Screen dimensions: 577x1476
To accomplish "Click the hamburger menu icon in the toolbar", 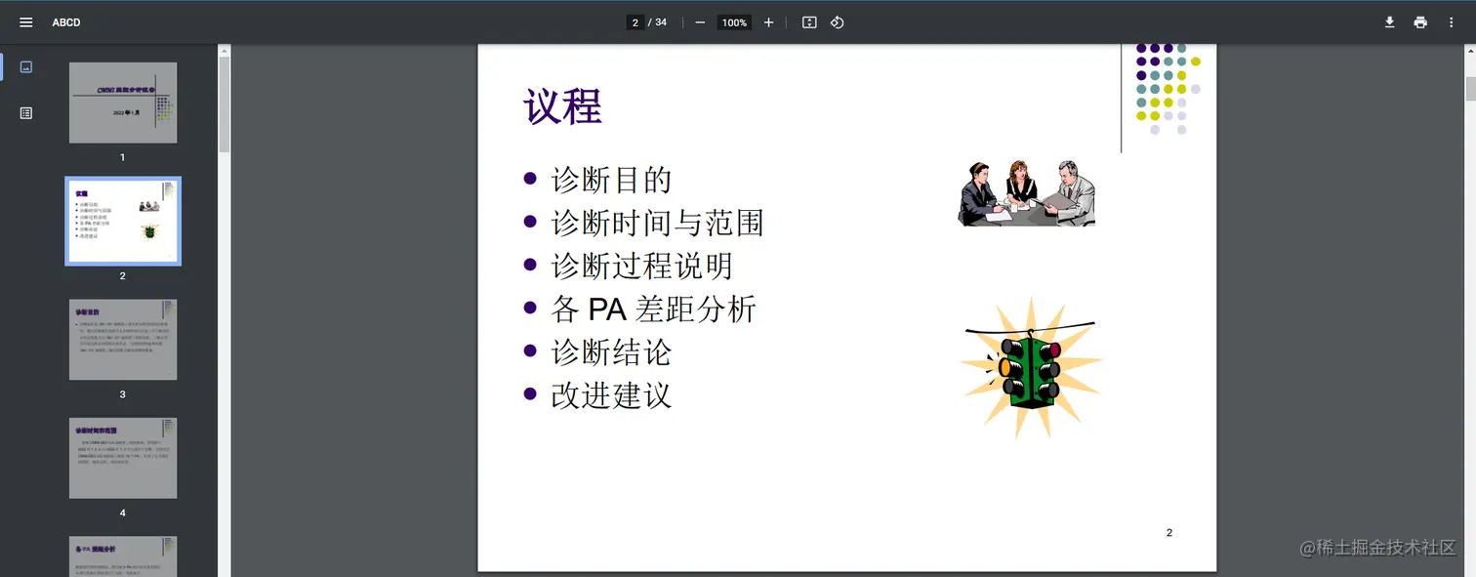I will click(26, 22).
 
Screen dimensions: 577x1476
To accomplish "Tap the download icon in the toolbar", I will click(1389, 22).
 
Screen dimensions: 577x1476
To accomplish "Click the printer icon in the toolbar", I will click(1420, 22).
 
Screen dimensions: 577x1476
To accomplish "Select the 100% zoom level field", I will click(734, 22).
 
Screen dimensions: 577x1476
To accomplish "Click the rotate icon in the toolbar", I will click(837, 22).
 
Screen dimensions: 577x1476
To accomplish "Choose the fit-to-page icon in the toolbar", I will click(809, 22).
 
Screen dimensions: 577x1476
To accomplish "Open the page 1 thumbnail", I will click(123, 103).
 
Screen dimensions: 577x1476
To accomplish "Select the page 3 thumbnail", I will click(123, 340).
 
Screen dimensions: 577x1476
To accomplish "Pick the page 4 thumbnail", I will click(123, 458).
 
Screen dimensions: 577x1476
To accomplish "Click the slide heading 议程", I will click(563, 106).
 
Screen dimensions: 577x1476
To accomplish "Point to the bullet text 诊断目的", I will click(611, 180).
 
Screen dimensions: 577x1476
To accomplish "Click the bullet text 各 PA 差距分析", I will click(653, 309).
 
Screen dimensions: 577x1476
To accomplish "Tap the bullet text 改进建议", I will click(611, 395).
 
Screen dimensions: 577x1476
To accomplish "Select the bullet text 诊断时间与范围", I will click(657, 224).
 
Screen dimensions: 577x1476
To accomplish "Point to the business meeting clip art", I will click(1026, 193).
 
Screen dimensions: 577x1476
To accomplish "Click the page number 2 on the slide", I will click(1169, 532).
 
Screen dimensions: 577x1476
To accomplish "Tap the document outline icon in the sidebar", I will click(26, 113).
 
